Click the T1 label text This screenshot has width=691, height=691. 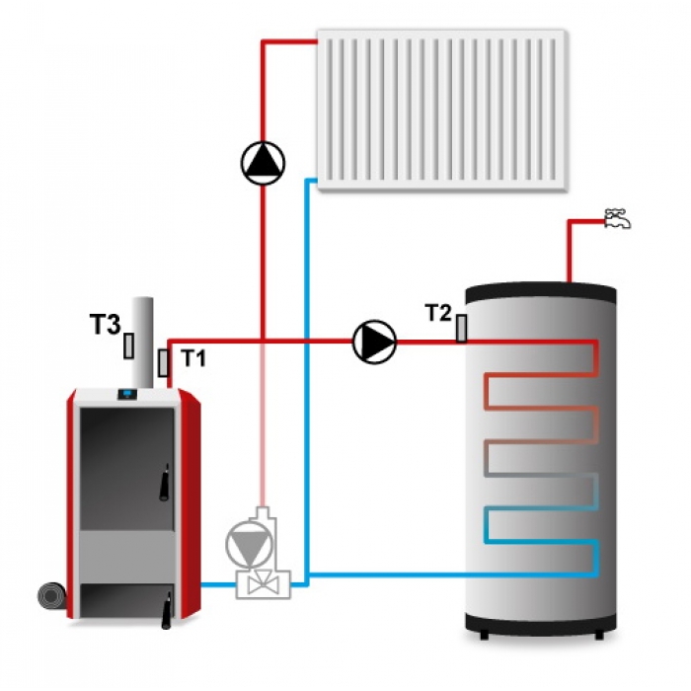click(193, 357)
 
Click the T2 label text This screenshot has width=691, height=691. click(439, 313)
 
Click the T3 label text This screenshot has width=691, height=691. click(105, 325)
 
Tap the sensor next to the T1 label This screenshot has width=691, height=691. click(163, 362)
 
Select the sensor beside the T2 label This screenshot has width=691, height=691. click(461, 329)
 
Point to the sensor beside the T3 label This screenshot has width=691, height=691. click(128, 345)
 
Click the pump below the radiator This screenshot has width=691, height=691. click(264, 163)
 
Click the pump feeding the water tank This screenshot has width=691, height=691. click(374, 342)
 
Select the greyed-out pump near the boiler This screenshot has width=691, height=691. click(248, 544)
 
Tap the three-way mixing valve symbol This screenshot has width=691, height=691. click(264, 584)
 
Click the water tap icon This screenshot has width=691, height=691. click(617, 218)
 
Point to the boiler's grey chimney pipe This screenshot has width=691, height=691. click(142, 344)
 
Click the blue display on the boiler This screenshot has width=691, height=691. click(127, 394)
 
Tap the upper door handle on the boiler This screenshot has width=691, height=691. click(165, 482)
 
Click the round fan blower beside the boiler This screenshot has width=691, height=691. click(52, 597)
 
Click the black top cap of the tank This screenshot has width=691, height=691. click(541, 292)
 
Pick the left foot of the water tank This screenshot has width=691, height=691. click(484, 635)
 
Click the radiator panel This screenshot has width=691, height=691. click(442, 111)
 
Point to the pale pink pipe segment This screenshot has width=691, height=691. click(264, 424)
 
